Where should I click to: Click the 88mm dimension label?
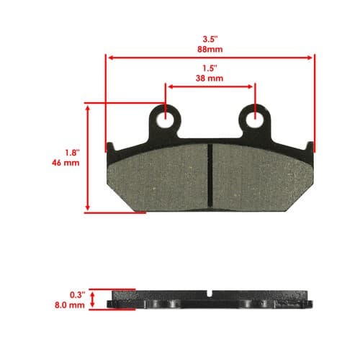[210, 49]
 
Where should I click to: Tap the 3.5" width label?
[210, 39]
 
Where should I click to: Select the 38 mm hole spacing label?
[210, 78]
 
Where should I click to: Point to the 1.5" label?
[210, 68]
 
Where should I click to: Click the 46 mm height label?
[66, 163]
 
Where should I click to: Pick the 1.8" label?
[72, 153]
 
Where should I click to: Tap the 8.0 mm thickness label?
[70, 305]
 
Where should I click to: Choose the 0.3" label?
[78, 295]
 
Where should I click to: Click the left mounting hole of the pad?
[165, 119]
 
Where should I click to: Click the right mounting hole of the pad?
[255, 119]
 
